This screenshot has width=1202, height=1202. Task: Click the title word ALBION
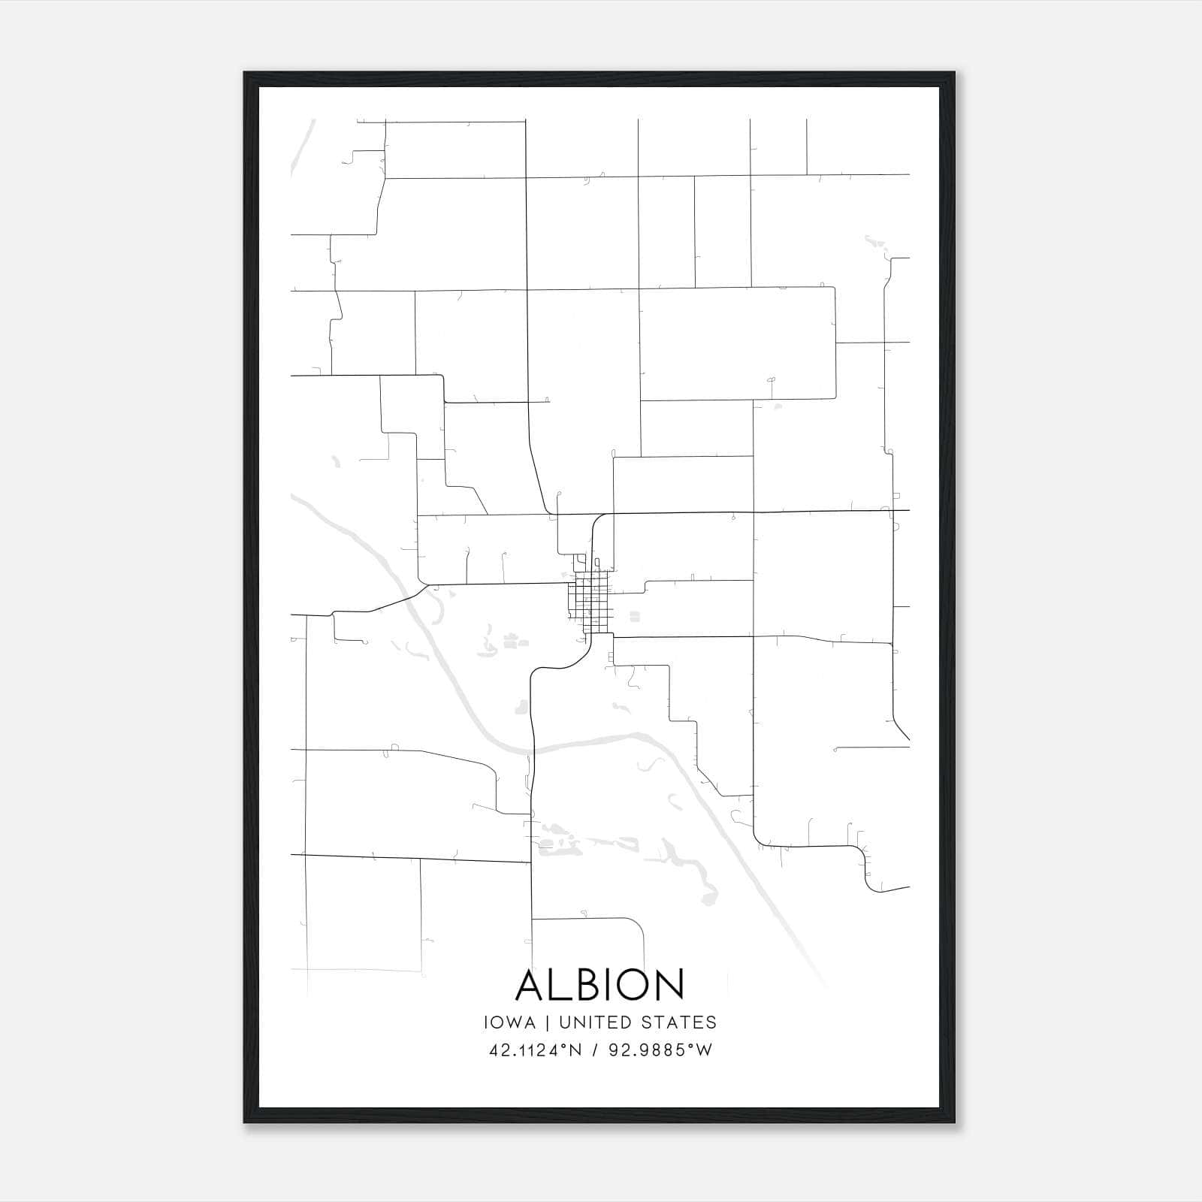599,984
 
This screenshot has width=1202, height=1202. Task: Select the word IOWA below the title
510,1022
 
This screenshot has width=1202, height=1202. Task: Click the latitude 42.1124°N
536,1050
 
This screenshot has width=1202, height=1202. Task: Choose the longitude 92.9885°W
660,1050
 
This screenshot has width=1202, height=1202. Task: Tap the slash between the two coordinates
595,1050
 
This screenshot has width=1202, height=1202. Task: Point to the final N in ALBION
671,984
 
